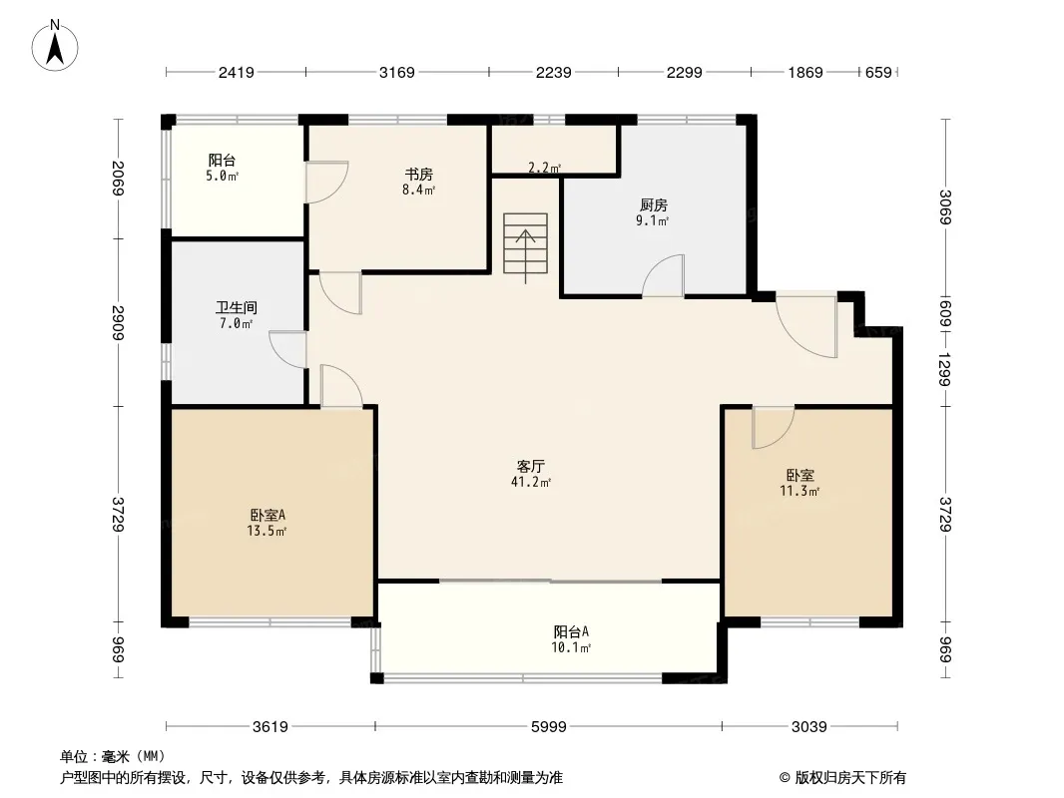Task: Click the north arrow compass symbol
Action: point(55,46)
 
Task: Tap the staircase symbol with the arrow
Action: point(525,244)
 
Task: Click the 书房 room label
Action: point(418,175)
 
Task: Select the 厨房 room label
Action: point(654,205)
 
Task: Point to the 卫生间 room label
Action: point(237,308)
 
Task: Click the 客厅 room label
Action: point(531,467)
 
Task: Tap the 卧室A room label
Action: point(267,516)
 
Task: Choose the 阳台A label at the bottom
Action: point(571,631)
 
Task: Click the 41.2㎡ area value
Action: point(531,482)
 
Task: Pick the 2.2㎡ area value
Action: point(544,168)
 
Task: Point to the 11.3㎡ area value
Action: point(800,491)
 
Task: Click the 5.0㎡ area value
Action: point(223,177)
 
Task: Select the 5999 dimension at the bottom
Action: point(548,727)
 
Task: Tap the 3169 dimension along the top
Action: point(397,72)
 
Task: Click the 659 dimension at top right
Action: point(878,72)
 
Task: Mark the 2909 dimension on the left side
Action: point(118,323)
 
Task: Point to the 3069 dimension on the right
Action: point(945,206)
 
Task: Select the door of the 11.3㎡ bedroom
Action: point(773,427)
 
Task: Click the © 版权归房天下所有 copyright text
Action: point(842,778)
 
